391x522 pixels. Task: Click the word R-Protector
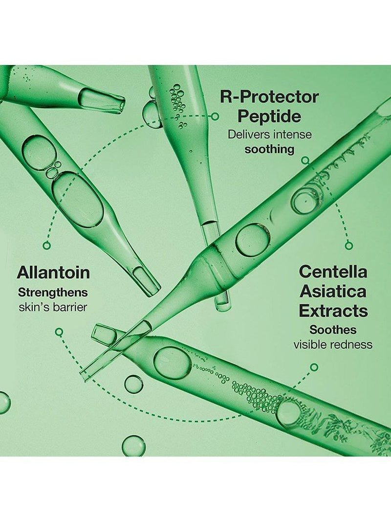[269, 97]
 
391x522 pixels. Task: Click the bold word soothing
[269, 149]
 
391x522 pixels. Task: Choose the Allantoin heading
[53, 272]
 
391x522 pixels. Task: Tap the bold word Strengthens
[53, 293]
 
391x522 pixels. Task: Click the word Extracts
[333, 311]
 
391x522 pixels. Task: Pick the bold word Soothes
[333, 330]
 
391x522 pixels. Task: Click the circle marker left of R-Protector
[216, 116]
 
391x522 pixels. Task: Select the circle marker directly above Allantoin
[47, 246]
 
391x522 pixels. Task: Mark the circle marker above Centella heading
[348, 246]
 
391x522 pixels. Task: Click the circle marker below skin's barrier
[59, 332]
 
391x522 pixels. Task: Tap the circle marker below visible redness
[313, 367]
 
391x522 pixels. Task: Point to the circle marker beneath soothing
[304, 161]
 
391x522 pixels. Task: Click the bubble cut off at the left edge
[4, 403]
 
